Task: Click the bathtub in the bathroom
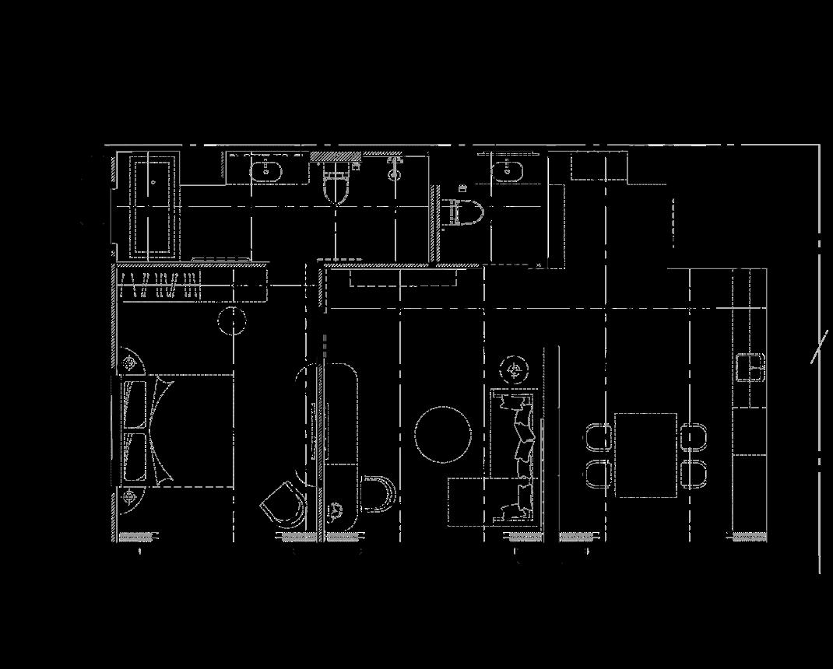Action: (x=153, y=205)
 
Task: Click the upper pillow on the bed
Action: (x=135, y=402)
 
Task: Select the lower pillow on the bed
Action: (x=135, y=457)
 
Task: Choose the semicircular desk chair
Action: (x=378, y=494)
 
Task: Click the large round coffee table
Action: (x=442, y=435)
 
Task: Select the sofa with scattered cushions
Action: (x=518, y=455)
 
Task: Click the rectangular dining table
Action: (x=645, y=455)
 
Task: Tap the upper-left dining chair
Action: (x=599, y=436)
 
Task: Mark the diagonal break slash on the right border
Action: (x=819, y=346)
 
